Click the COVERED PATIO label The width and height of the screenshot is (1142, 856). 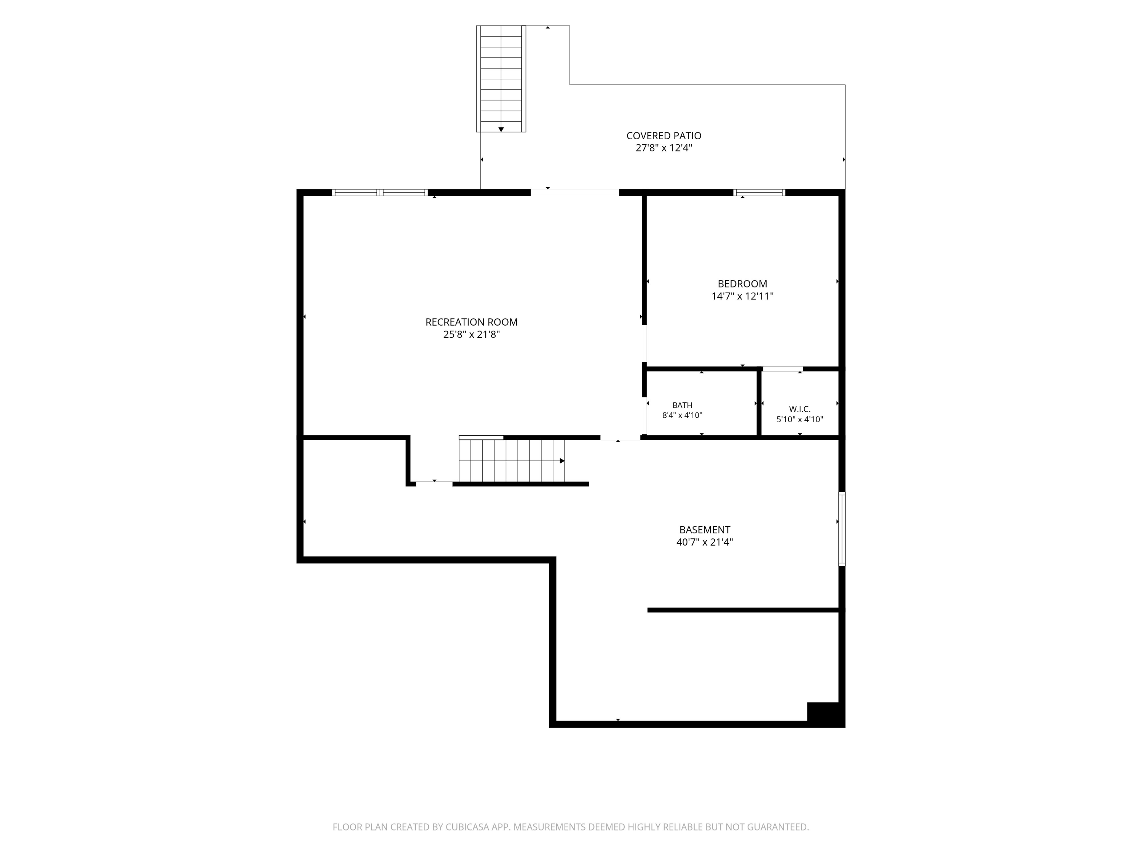(x=664, y=136)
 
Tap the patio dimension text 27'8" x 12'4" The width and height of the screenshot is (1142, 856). (x=664, y=148)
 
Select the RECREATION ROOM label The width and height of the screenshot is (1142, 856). (x=471, y=322)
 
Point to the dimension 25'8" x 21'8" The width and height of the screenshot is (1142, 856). (x=471, y=334)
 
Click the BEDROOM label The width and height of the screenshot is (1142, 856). (x=742, y=284)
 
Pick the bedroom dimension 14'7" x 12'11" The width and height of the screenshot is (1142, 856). (x=742, y=296)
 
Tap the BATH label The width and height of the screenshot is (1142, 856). (x=682, y=406)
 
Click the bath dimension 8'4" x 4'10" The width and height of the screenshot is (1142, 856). (x=682, y=415)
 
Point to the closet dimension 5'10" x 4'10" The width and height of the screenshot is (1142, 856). (x=800, y=420)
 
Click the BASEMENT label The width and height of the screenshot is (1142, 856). (x=705, y=530)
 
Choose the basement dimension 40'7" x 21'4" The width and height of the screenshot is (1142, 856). (x=705, y=542)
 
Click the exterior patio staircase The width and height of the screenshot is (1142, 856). (x=501, y=79)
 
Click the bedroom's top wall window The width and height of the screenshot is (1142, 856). (x=759, y=193)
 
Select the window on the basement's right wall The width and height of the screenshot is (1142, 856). (x=842, y=529)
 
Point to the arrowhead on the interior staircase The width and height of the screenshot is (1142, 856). (x=562, y=461)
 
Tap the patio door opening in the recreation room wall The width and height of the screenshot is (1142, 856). (x=574, y=193)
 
